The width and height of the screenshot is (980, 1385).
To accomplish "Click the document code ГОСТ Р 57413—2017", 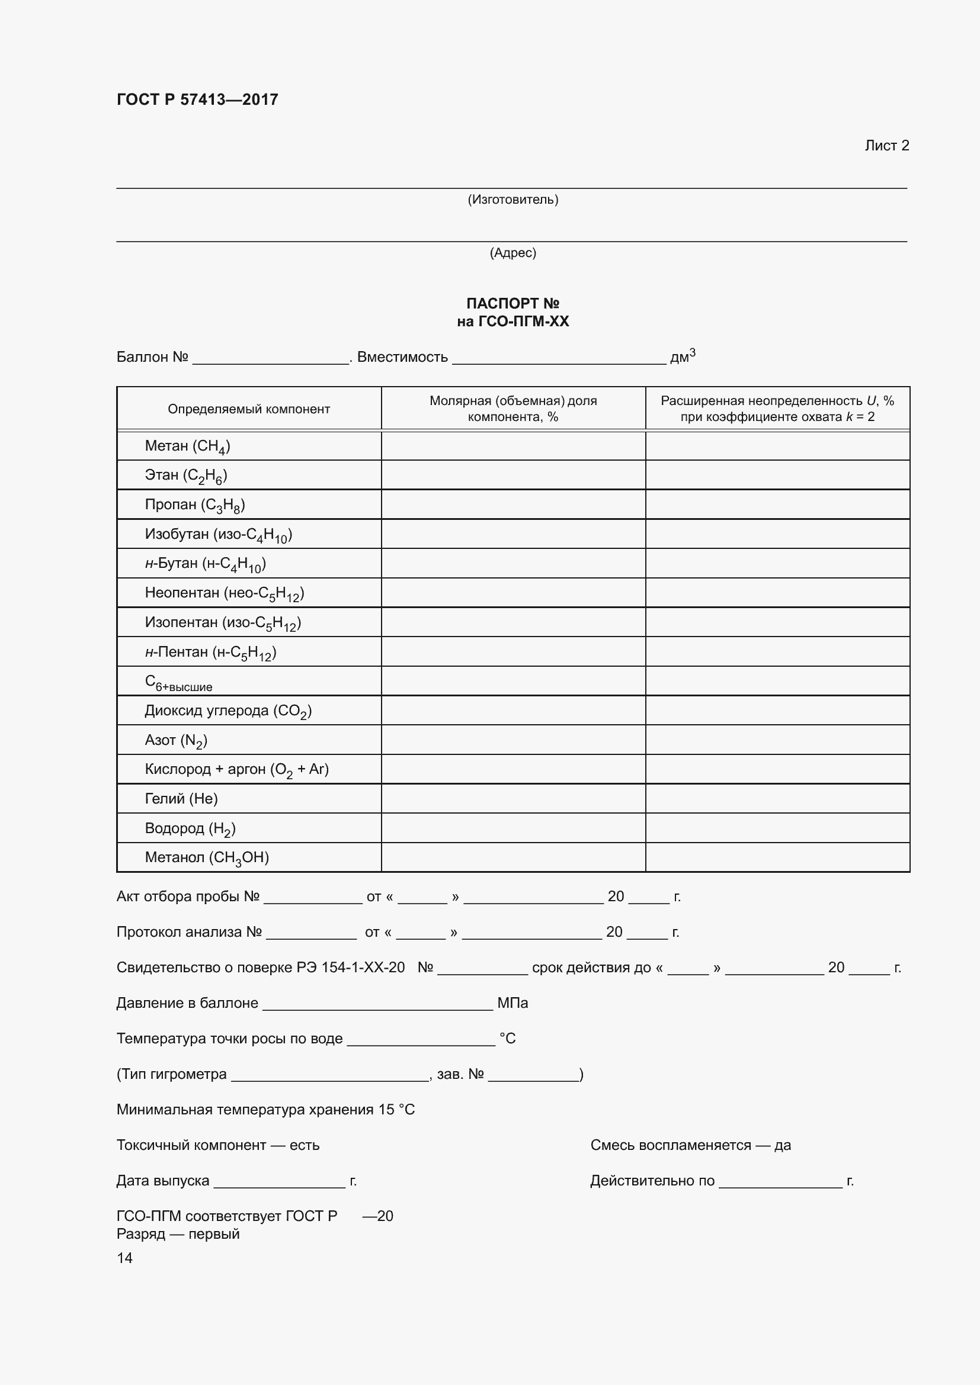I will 197,99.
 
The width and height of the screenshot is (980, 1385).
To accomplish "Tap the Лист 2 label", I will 886,146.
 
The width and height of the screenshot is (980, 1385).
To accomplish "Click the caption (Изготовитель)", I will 513,199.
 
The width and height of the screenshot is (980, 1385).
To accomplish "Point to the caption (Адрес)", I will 513,252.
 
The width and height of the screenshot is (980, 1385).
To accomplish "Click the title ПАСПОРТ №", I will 513,303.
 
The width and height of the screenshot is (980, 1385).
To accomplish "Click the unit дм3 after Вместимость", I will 683,356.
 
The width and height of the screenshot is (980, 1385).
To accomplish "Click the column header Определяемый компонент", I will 249,409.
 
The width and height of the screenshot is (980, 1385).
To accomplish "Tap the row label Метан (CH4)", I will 187,446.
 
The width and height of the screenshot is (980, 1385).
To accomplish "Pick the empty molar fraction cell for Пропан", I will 513,504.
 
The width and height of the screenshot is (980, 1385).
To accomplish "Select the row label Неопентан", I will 224,593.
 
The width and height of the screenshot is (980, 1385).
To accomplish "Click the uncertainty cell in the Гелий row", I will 777,798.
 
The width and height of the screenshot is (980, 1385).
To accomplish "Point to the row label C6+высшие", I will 178,682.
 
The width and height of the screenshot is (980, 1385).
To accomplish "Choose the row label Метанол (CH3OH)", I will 206,857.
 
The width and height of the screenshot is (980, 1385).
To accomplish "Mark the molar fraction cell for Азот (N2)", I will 513,740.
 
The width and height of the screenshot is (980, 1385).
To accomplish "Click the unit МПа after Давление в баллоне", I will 513,1002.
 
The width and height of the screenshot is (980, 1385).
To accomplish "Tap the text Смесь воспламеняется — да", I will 690,1145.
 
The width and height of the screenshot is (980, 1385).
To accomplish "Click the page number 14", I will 124,1258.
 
